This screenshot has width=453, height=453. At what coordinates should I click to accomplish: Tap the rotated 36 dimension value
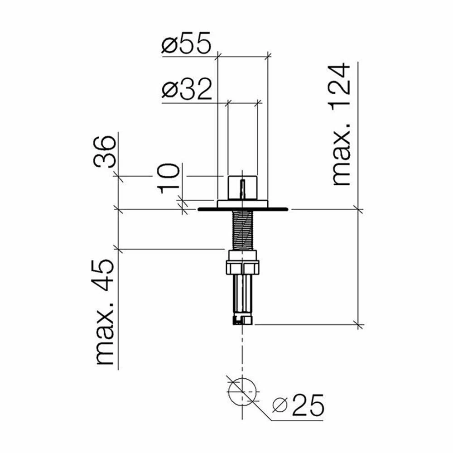pyautogui.click(x=105, y=151)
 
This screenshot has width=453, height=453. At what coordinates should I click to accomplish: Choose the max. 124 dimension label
pyautogui.click(x=341, y=125)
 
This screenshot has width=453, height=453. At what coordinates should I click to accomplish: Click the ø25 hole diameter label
pyautogui.click(x=299, y=405)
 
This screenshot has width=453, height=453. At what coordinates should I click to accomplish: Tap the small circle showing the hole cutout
pyautogui.click(x=242, y=391)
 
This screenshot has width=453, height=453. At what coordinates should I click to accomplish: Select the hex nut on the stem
pyautogui.click(x=242, y=267)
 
